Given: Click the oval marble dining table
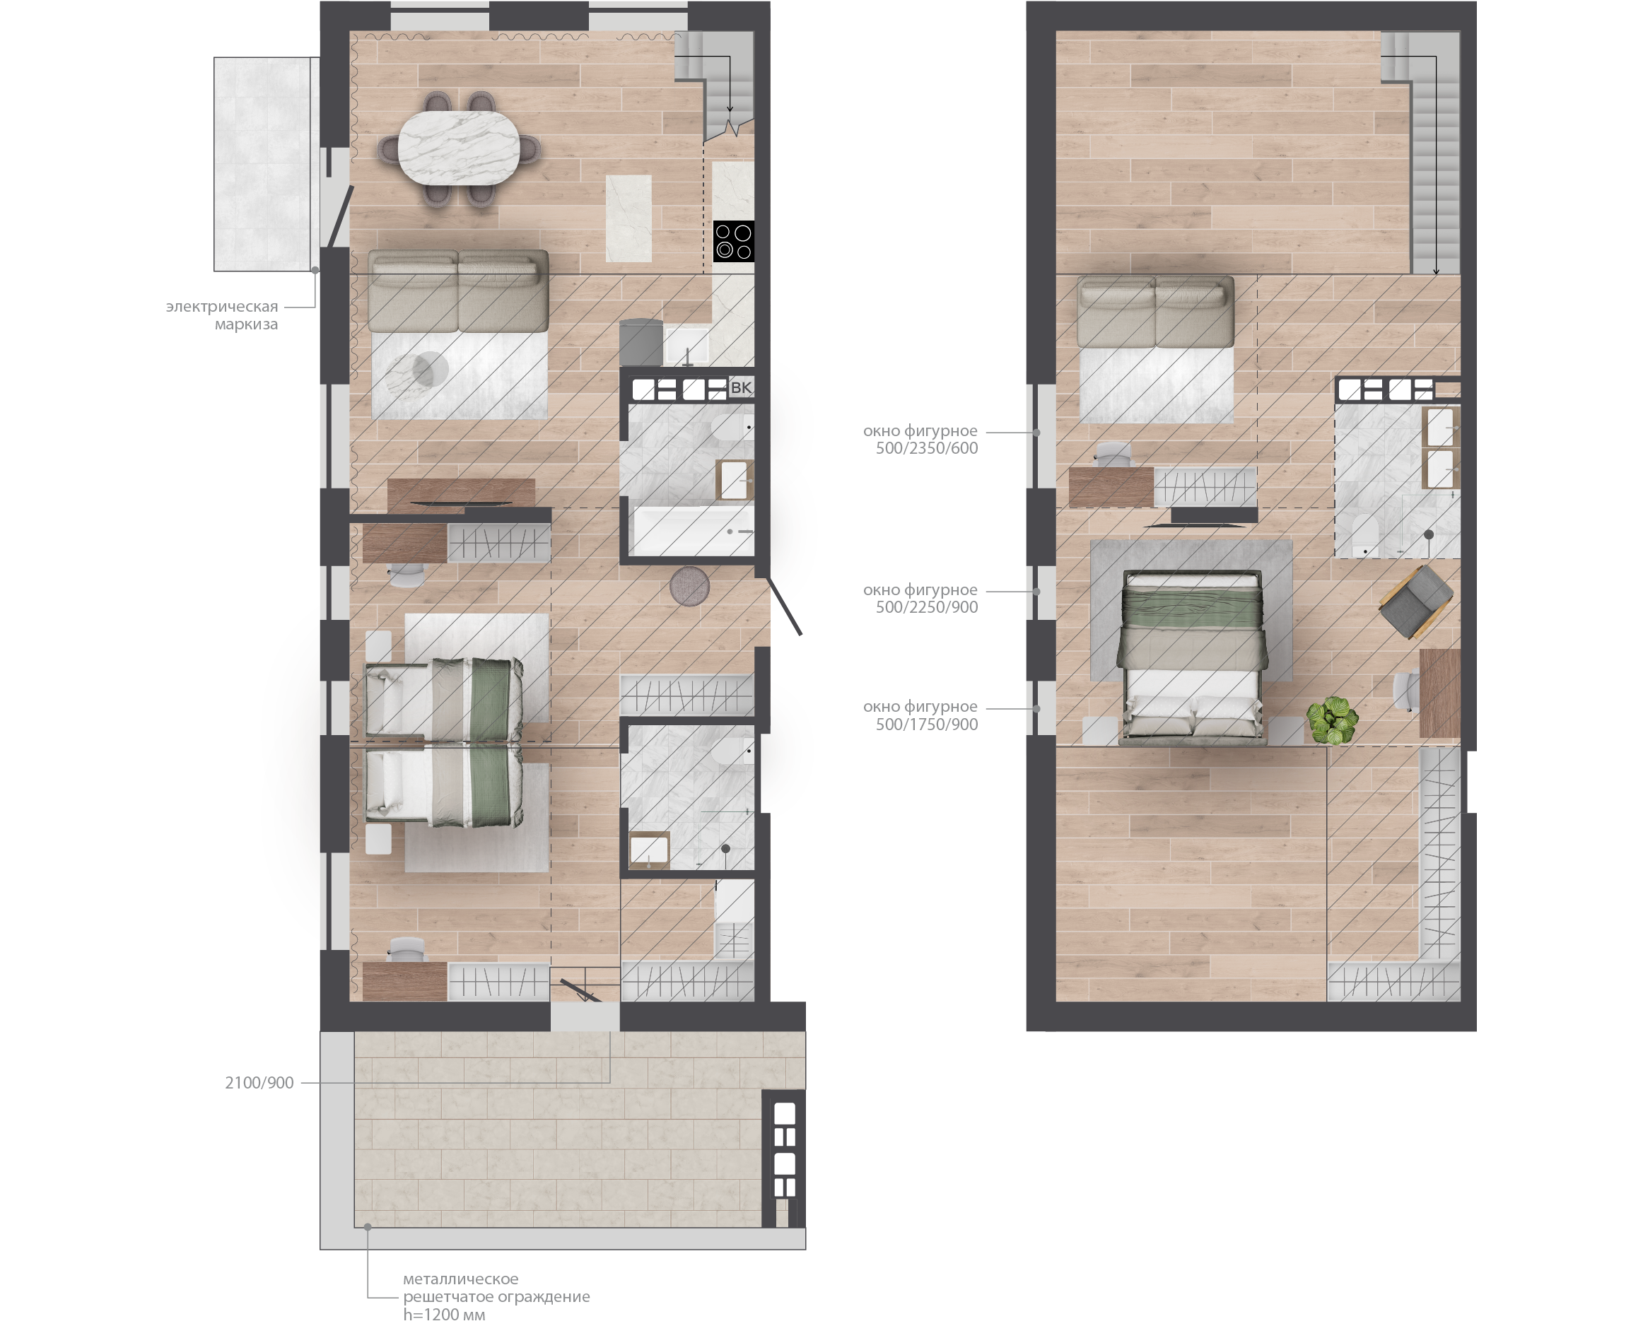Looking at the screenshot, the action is [459, 148].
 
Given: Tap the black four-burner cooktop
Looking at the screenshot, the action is [733, 241].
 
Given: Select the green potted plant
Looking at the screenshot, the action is [1331, 720].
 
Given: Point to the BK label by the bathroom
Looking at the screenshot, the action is [740, 387].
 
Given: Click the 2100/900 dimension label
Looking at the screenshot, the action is [259, 1082].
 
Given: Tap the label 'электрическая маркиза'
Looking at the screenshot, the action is [222, 315].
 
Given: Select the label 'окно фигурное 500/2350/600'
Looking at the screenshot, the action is [920, 439].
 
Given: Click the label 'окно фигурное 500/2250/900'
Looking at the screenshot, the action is [920, 598].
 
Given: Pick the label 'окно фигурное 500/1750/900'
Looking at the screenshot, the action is [920, 715].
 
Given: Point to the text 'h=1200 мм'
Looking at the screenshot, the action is [444, 1315].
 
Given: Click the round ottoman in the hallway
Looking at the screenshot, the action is [689, 586].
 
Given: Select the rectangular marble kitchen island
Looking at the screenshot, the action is [628, 218].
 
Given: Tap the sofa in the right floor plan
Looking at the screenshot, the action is [1155, 312].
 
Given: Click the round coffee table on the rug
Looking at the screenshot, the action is [430, 370].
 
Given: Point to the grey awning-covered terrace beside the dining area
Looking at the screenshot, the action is [262, 163].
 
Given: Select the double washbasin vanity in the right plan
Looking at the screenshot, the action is [1441, 448].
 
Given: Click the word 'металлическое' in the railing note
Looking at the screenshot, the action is [460, 1279].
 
